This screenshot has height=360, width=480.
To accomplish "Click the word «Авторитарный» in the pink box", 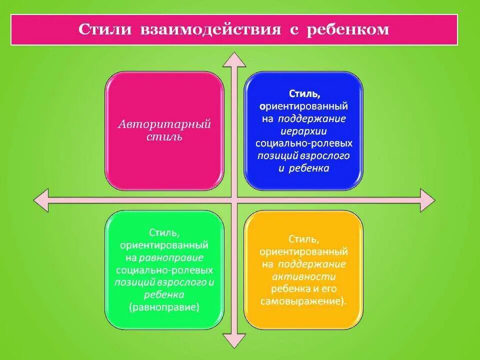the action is coord(164,124).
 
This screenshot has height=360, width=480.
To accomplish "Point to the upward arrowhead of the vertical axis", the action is coord(234,59).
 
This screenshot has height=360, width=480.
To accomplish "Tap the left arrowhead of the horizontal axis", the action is coord(41,200).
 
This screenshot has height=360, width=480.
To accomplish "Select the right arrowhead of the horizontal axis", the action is coord(427,200).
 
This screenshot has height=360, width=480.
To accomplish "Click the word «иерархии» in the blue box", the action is coord(303,131).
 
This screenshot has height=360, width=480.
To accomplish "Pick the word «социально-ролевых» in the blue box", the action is coord(303,143).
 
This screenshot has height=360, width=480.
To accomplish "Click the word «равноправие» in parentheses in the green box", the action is coord(164,307).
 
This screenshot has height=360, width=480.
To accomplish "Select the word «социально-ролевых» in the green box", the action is coord(164,270).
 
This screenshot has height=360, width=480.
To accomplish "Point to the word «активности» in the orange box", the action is coord(304,276).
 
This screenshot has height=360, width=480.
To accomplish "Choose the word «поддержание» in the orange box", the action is coord(312,264).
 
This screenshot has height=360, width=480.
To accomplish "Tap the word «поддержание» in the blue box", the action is coord(312,118).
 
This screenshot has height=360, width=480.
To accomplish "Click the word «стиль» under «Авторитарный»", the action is coord(164,137).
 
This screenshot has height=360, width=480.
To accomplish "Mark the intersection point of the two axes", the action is coord(234,200).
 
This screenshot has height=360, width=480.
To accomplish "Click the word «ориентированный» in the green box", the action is coord(164,245).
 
